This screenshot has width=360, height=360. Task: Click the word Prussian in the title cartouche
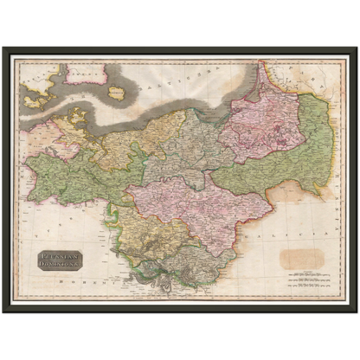[x=57, y=255]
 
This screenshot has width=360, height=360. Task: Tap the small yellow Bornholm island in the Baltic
[x=118, y=91]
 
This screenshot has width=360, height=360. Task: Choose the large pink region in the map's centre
[x=195, y=208]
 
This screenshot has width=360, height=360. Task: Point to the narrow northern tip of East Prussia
[x=260, y=74]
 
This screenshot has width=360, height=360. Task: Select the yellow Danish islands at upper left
[x=39, y=95]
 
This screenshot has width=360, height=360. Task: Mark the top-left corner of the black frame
[x=3, y=47]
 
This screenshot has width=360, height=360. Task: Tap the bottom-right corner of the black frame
[x=356, y=312]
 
